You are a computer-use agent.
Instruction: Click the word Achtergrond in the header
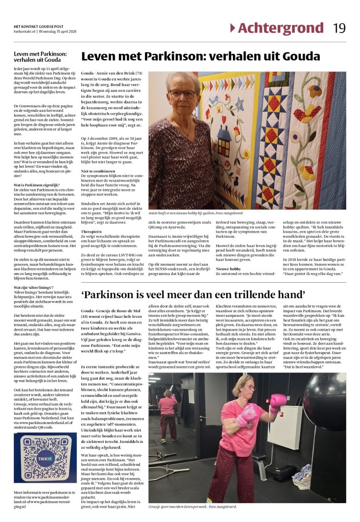coord(280,28)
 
